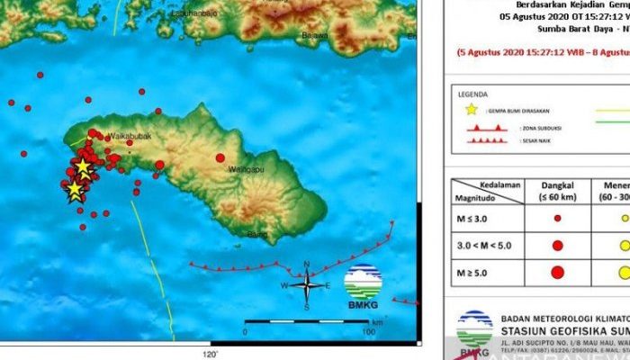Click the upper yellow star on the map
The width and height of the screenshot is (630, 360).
[83, 167]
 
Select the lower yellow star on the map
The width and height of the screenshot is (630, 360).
[75, 190]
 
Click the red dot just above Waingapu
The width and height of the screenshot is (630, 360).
[220, 157]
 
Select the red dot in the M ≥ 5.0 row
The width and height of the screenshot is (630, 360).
[557, 272]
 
